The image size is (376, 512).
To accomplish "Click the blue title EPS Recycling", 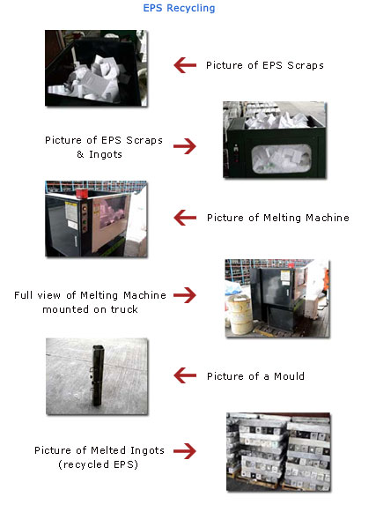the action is pos(179,8).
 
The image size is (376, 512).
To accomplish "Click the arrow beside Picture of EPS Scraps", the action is pos(185,65).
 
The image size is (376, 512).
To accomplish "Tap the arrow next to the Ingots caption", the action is pos(185,146).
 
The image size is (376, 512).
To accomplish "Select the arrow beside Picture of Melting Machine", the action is pos(185,218).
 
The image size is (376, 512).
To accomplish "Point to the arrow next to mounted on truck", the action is pos(185,295).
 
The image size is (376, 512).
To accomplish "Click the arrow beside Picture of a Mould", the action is pos(185,375).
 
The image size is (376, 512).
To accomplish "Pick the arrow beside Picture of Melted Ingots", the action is pos(185,451).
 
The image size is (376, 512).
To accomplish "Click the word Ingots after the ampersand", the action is pos(106,154).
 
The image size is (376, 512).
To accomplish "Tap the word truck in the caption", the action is pos(124,309).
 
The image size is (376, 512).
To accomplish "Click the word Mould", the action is pos(289,376).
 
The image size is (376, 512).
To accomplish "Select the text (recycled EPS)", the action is pos(98,464).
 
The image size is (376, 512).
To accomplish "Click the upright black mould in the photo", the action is pos(97,375).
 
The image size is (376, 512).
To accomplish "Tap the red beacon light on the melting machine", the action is pos(82,193).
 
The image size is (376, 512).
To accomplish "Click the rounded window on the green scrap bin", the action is pos(282,159).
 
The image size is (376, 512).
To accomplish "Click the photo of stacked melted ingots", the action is pos(278,452).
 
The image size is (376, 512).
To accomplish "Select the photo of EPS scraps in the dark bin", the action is pos(96,68).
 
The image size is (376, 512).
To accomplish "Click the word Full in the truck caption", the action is pos(23,295).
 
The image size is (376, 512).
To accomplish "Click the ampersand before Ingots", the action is pos(80,154).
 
